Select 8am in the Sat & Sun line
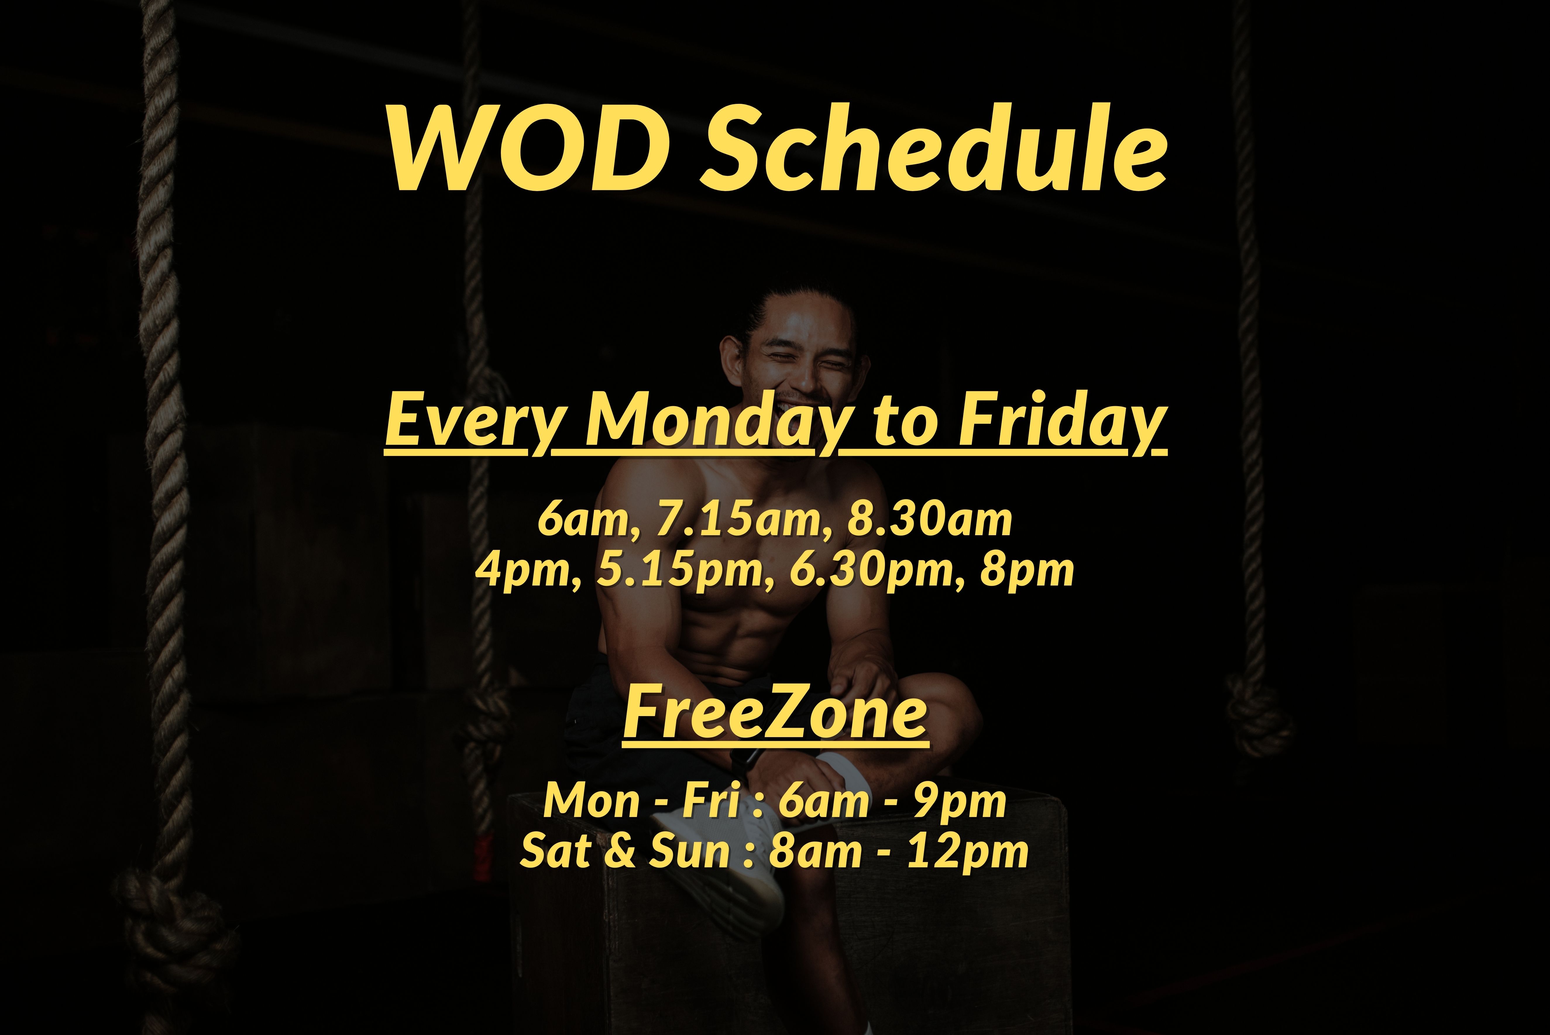click(x=815, y=852)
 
